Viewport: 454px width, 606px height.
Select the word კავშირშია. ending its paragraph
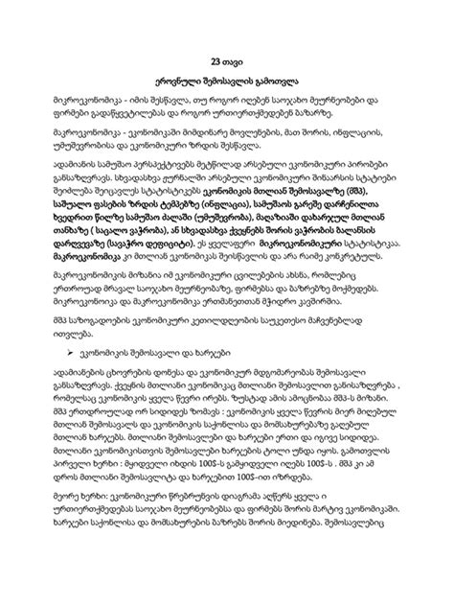coord(373,315)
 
